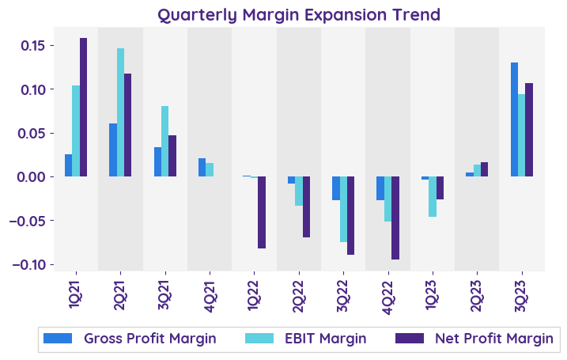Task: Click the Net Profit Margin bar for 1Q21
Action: tap(83, 107)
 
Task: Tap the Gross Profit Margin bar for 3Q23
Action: tap(514, 119)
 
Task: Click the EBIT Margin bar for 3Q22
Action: tap(343, 209)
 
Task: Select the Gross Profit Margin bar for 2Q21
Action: tap(113, 150)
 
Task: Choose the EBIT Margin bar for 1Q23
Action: tap(433, 196)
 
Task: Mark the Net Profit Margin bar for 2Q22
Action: tap(306, 207)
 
